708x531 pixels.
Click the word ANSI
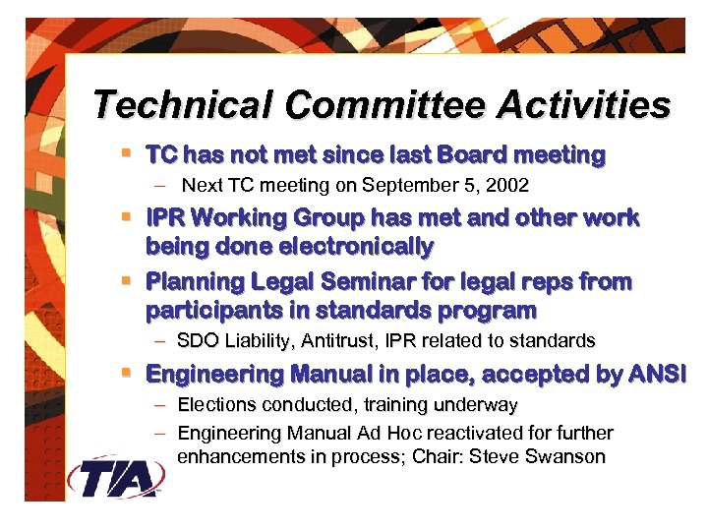point(660,374)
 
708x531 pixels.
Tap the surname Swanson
point(571,457)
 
